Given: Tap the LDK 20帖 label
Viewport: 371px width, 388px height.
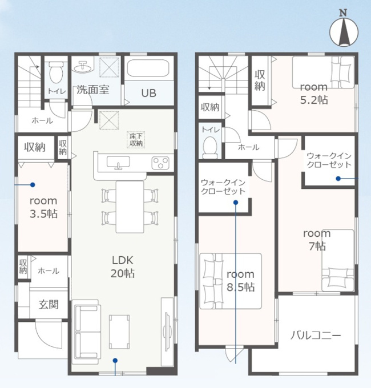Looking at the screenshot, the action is coord(123,267).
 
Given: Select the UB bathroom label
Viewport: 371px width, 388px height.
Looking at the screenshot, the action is coord(148,93).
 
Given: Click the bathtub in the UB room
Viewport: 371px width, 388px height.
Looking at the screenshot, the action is coord(148,68).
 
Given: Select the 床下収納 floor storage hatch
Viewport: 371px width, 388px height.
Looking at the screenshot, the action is coord(136,140).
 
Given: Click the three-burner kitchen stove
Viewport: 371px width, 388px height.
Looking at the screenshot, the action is coord(160,163).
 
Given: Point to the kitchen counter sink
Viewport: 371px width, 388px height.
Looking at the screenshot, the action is coord(118,163).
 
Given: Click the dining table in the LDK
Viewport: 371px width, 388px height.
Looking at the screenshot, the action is coord(130,207).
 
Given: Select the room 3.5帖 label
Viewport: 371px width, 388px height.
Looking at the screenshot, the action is coord(43,207).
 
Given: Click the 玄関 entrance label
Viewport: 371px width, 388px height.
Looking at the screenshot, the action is coord(49,304).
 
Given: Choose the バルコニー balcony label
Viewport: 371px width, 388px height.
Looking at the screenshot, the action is coord(316,336).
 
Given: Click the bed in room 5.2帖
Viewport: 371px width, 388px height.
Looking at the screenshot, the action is coord(323,72).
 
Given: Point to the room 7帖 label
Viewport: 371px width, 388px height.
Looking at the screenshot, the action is coord(317,240).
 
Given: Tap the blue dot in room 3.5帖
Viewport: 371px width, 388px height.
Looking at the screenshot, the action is coord(33,185).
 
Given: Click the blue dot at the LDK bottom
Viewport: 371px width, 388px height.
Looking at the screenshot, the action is coord(115,360).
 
